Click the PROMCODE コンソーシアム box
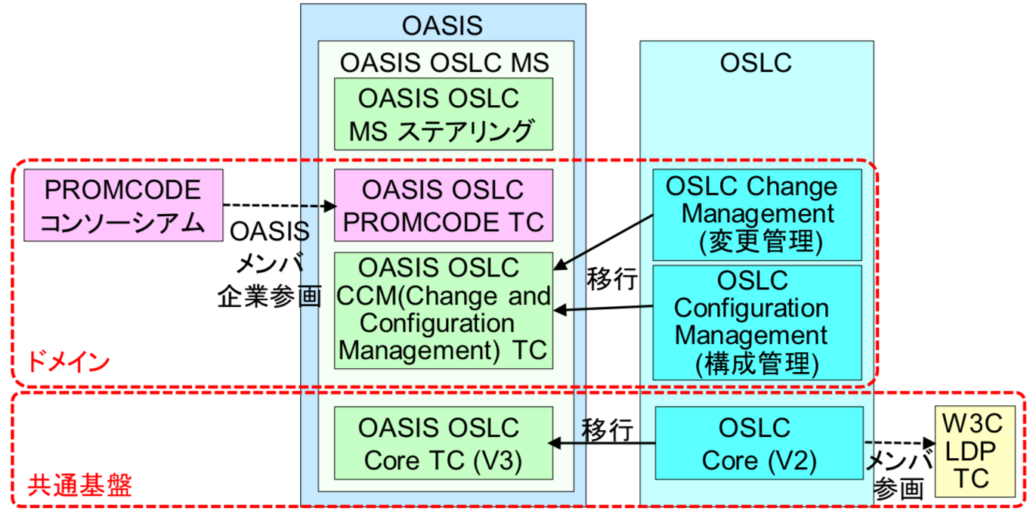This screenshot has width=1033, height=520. point(124,206)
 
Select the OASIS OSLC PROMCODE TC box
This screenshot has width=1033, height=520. point(444,206)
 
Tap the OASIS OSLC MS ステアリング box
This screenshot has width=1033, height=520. point(444,114)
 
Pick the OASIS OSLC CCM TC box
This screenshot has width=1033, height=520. point(444,311)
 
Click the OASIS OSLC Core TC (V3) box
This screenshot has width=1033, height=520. point(444,443)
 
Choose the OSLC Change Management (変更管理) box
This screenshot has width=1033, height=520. point(757,215)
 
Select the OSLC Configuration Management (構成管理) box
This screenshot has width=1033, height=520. point(757,323)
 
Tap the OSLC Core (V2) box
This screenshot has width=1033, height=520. point(759,443)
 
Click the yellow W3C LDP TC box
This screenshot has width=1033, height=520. point(975,451)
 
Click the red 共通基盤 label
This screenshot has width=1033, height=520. point(79,485)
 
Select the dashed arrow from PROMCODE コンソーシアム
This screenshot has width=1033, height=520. point(280,206)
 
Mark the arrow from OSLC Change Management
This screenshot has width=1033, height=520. point(603,242)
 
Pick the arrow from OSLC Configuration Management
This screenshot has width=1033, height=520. point(603,308)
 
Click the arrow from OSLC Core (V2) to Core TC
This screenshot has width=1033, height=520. point(602,444)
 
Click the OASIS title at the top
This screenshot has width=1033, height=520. point(442,26)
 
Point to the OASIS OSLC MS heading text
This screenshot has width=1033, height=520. point(444,62)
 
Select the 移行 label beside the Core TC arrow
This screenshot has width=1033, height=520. point(607,430)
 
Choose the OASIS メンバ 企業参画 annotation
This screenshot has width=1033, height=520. point(270,264)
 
